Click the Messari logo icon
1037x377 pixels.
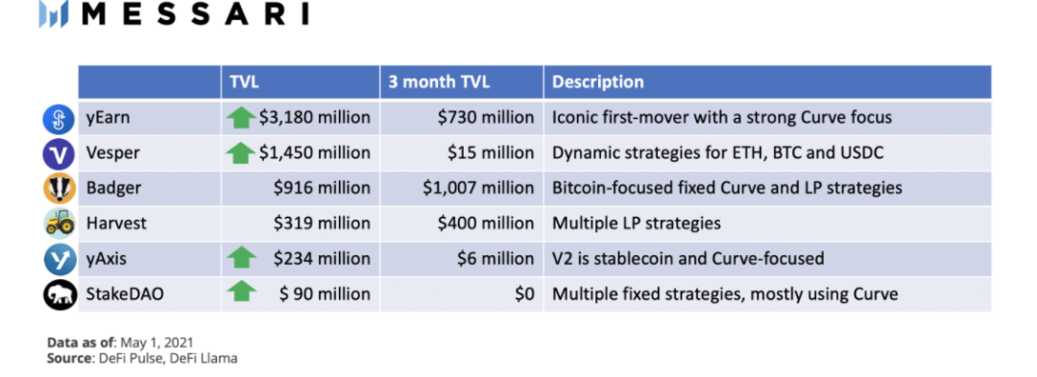click(x=54, y=14)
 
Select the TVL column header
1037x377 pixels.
click(x=246, y=82)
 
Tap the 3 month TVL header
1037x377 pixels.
click(x=439, y=82)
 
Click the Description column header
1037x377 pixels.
click(x=598, y=82)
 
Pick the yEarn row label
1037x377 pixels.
click(x=108, y=118)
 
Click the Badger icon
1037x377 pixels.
click(x=60, y=188)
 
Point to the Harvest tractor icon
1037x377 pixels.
click(x=60, y=224)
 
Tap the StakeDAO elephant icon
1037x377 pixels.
click(x=60, y=294)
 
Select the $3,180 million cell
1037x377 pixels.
click(x=315, y=118)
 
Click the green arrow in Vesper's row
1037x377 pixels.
click(x=241, y=153)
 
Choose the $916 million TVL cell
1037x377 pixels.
click(x=322, y=188)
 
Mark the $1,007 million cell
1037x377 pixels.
click(x=479, y=188)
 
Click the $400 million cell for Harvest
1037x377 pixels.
click(x=486, y=224)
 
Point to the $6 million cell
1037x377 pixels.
click(x=495, y=258)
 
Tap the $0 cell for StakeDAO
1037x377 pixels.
click(x=524, y=294)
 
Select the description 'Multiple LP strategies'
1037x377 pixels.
click(x=637, y=224)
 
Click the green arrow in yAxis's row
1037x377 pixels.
click(x=241, y=258)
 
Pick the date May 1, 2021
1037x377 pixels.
click(x=157, y=342)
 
